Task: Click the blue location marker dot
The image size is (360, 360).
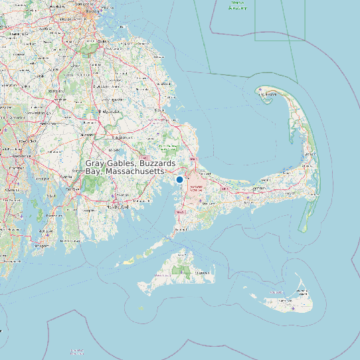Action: coord(179,179)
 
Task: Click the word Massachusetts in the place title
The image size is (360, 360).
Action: coord(134,171)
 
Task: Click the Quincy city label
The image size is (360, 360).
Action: coord(102,41)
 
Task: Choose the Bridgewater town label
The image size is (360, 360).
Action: coord(108,111)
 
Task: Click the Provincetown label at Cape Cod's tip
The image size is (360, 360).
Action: coord(266,94)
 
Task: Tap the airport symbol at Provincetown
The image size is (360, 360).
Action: coord(260,88)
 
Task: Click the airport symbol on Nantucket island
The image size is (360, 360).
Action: coord(293,308)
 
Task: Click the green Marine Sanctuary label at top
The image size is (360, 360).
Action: coord(237,5)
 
